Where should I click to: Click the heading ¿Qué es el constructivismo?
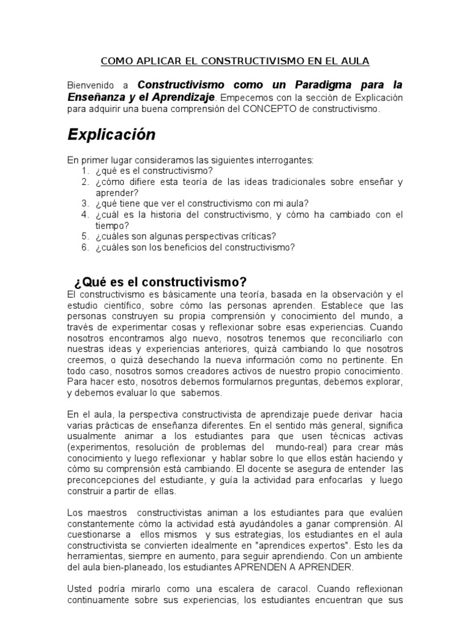160,282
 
